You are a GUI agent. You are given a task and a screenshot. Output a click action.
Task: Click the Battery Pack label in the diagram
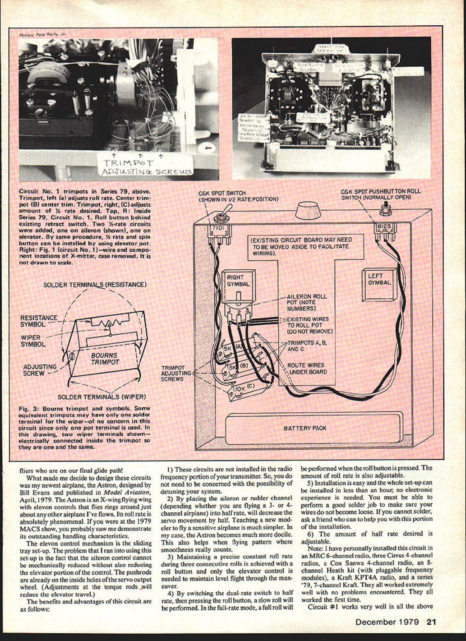(x=305, y=428)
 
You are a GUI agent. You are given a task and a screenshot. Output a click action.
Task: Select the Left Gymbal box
(x=379, y=284)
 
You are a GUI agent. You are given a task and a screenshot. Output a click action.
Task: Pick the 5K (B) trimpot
(x=235, y=369)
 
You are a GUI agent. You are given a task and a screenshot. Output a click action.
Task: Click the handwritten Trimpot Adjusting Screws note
(x=145, y=167)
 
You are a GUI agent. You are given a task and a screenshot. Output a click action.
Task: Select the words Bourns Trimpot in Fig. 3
(x=105, y=359)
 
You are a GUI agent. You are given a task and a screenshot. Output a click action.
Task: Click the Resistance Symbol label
(x=39, y=321)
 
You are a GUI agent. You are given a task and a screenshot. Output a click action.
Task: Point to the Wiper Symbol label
(x=33, y=341)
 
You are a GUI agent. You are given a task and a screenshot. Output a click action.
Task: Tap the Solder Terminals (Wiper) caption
(x=102, y=397)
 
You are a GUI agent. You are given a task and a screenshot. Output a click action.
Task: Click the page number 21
(x=431, y=622)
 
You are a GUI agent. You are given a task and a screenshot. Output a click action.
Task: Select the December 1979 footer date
(x=388, y=622)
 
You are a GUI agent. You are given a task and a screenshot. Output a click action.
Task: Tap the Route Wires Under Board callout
(x=307, y=369)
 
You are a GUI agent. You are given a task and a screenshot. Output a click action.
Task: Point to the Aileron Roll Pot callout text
(x=307, y=302)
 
